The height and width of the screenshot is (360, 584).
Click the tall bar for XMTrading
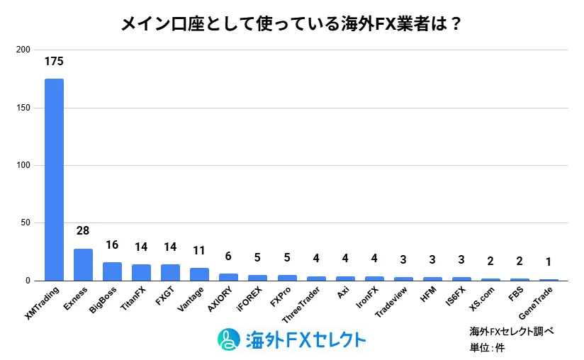click(x=54, y=179)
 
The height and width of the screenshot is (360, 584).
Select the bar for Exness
click(x=83, y=264)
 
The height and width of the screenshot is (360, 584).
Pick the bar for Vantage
click(x=199, y=274)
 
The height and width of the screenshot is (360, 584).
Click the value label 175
click(x=54, y=62)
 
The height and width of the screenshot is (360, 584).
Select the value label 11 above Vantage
click(x=199, y=250)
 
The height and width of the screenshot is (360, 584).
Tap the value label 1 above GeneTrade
click(x=549, y=261)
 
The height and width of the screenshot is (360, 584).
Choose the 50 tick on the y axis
click(x=25, y=223)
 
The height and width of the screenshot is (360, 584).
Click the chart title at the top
click(x=291, y=24)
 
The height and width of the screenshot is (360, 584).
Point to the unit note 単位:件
click(x=487, y=347)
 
